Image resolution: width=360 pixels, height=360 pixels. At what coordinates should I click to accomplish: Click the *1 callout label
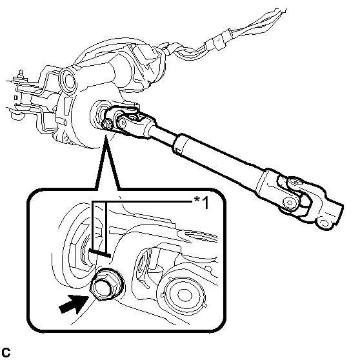coord(201,203)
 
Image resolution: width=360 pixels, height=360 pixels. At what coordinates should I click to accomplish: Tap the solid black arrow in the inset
coord(74,304)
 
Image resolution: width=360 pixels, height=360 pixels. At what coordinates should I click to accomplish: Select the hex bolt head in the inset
coord(103,286)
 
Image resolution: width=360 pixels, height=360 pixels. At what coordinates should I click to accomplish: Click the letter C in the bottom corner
coord(6,352)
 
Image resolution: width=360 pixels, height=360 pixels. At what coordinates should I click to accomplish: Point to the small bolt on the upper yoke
coord(106,125)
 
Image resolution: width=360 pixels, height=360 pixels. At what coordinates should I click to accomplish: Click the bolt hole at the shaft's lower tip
coord(324,223)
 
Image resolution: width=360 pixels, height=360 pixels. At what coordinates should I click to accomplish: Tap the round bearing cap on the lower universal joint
coord(290,203)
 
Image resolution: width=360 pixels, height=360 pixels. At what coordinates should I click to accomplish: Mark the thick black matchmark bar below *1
coord(99,254)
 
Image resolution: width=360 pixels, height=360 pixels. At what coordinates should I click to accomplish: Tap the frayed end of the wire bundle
coord(278,13)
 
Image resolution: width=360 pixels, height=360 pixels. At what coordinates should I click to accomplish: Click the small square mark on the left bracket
coord(15,97)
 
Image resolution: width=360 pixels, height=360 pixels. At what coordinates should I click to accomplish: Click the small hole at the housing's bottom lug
coord(66,139)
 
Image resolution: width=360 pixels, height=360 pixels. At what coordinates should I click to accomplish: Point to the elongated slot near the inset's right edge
coord(198,237)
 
